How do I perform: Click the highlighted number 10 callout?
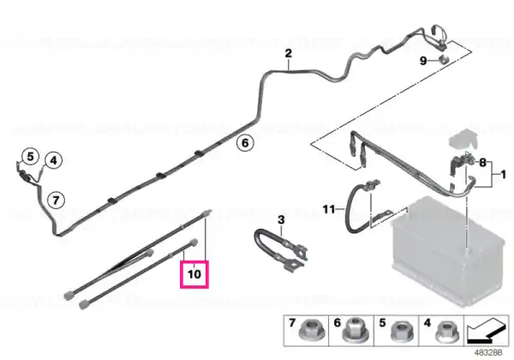(194, 274)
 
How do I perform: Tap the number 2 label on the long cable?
(288, 53)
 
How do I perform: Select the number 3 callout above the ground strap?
(281, 219)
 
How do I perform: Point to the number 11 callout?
(329, 209)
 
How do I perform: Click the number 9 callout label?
(423, 61)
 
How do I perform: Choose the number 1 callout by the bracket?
(504, 174)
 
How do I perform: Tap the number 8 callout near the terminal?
(482, 162)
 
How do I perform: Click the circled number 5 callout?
(30, 157)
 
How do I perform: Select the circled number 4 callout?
(53, 160)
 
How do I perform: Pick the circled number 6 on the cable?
(245, 143)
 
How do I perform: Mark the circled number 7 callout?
(56, 200)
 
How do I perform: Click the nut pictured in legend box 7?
(313, 331)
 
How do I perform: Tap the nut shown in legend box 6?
(355, 331)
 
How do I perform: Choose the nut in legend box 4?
(447, 331)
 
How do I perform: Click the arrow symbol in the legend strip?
(487, 331)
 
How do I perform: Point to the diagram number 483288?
(488, 352)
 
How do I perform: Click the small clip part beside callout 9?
(444, 60)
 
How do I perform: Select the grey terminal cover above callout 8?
(463, 139)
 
